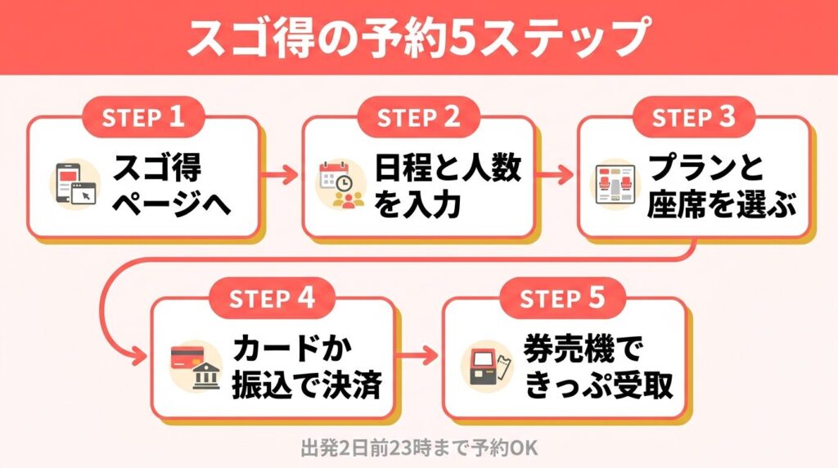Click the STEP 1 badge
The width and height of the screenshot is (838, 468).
(143, 117)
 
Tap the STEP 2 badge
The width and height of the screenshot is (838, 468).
(418, 117)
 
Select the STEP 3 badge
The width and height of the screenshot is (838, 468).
(693, 117)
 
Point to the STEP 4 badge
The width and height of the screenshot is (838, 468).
(273, 297)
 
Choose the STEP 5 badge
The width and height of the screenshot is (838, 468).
(563, 297)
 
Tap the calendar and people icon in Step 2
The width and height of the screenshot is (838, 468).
(341, 184)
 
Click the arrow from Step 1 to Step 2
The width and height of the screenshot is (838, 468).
(280, 174)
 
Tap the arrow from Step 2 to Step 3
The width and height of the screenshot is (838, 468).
(556, 174)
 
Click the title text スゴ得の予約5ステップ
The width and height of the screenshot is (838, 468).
(418, 38)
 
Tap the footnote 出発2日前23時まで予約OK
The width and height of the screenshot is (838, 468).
(418, 448)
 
